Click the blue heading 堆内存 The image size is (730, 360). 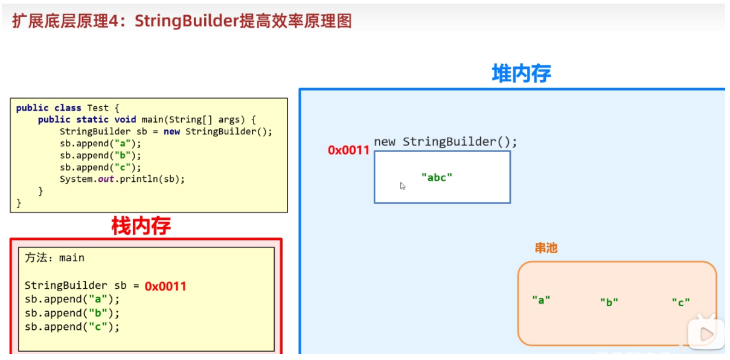[x=521, y=74]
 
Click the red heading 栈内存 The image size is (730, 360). [x=141, y=226]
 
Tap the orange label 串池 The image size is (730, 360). [x=546, y=248]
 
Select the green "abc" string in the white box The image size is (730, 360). [x=437, y=177]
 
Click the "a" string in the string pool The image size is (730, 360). [x=541, y=300]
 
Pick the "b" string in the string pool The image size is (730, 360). [x=609, y=303]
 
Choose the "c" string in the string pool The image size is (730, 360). [x=680, y=303]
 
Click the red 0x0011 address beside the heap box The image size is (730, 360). [x=348, y=150]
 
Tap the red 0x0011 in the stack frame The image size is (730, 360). [x=165, y=286]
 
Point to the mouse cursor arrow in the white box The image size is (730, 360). [x=403, y=186]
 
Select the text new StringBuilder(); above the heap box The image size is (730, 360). [x=446, y=142]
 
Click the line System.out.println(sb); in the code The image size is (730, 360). [x=122, y=179]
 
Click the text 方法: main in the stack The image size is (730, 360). [x=54, y=258]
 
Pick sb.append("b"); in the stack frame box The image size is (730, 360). [x=72, y=313]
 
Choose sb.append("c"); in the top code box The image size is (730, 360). [x=100, y=167]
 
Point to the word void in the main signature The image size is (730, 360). [x=126, y=120]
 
